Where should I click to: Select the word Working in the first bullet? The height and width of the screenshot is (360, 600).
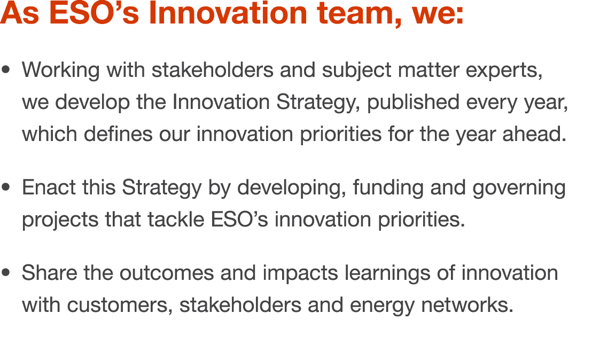(x=60, y=70)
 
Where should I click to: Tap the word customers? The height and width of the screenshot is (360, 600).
(x=119, y=306)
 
